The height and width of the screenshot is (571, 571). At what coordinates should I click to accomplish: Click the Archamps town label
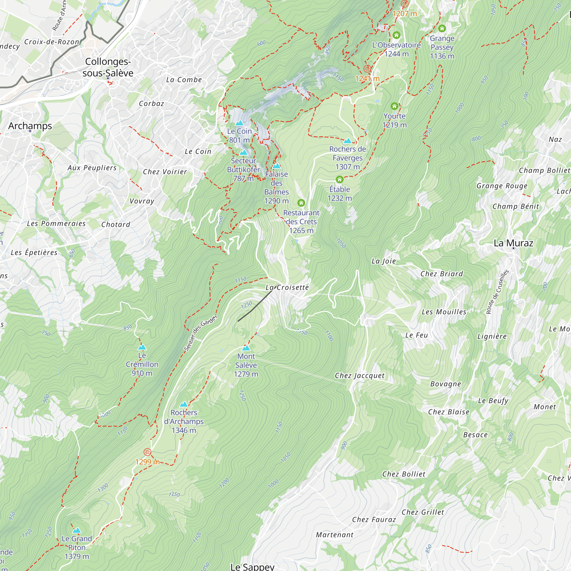30,126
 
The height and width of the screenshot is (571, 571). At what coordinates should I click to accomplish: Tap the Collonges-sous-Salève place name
108,67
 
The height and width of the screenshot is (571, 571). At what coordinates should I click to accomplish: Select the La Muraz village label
513,243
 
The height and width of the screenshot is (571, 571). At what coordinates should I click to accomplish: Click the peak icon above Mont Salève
246,348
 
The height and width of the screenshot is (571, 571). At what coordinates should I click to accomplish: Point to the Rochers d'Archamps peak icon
184,404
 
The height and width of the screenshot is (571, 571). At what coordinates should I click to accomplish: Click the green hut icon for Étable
339,179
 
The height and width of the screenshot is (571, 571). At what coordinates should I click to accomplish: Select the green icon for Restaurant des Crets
301,203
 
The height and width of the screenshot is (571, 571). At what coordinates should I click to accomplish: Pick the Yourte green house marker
394,106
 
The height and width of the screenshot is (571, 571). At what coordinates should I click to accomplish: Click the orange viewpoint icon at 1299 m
147,452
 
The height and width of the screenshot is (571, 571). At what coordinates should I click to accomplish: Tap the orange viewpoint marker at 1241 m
367,69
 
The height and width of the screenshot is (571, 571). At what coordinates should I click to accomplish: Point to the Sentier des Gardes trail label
200,333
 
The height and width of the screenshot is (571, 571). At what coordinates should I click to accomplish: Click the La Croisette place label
287,287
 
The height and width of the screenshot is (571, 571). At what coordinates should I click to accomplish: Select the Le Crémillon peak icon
142,347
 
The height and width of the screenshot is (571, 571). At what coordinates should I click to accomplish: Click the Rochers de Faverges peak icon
347,141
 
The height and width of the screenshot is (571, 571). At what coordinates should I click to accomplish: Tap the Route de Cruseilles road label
498,291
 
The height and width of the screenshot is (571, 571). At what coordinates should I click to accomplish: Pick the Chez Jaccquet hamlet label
359,375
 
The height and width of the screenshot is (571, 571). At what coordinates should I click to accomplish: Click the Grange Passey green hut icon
442,28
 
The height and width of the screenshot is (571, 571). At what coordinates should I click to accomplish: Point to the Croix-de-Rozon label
52,42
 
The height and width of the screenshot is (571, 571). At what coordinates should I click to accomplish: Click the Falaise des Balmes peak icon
276,166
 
